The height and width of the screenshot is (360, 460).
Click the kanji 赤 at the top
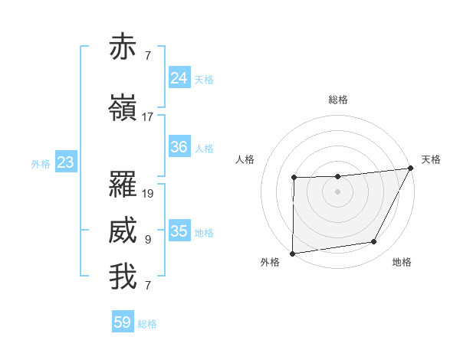pos(123,47)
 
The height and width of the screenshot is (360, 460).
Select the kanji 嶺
pos(123,108)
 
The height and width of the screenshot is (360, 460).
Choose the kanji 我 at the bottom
pos(123,277)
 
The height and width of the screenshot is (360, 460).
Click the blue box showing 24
pos(179,78)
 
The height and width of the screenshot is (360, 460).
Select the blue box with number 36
pos(179,147)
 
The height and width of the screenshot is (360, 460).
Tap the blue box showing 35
pos(179,231)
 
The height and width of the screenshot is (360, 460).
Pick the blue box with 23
pos(65,162)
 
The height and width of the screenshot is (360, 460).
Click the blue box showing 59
pos(122,322)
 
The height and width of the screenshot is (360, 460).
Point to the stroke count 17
pos(147,117)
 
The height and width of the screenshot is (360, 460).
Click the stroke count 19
pos(148,194)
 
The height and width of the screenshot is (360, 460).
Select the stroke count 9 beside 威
pos(148,240)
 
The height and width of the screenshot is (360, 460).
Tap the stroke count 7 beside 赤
pos(148,56)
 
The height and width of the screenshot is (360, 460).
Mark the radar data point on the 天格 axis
pos(412,168)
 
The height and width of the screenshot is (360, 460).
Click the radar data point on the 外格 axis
pos(292,254)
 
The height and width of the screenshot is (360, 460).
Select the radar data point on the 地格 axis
pos(374,242)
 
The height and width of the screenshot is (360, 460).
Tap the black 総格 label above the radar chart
pos(337,100)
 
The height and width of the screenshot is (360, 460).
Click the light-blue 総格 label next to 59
pos(147,324)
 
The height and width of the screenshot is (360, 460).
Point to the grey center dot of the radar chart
pos(337,191)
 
